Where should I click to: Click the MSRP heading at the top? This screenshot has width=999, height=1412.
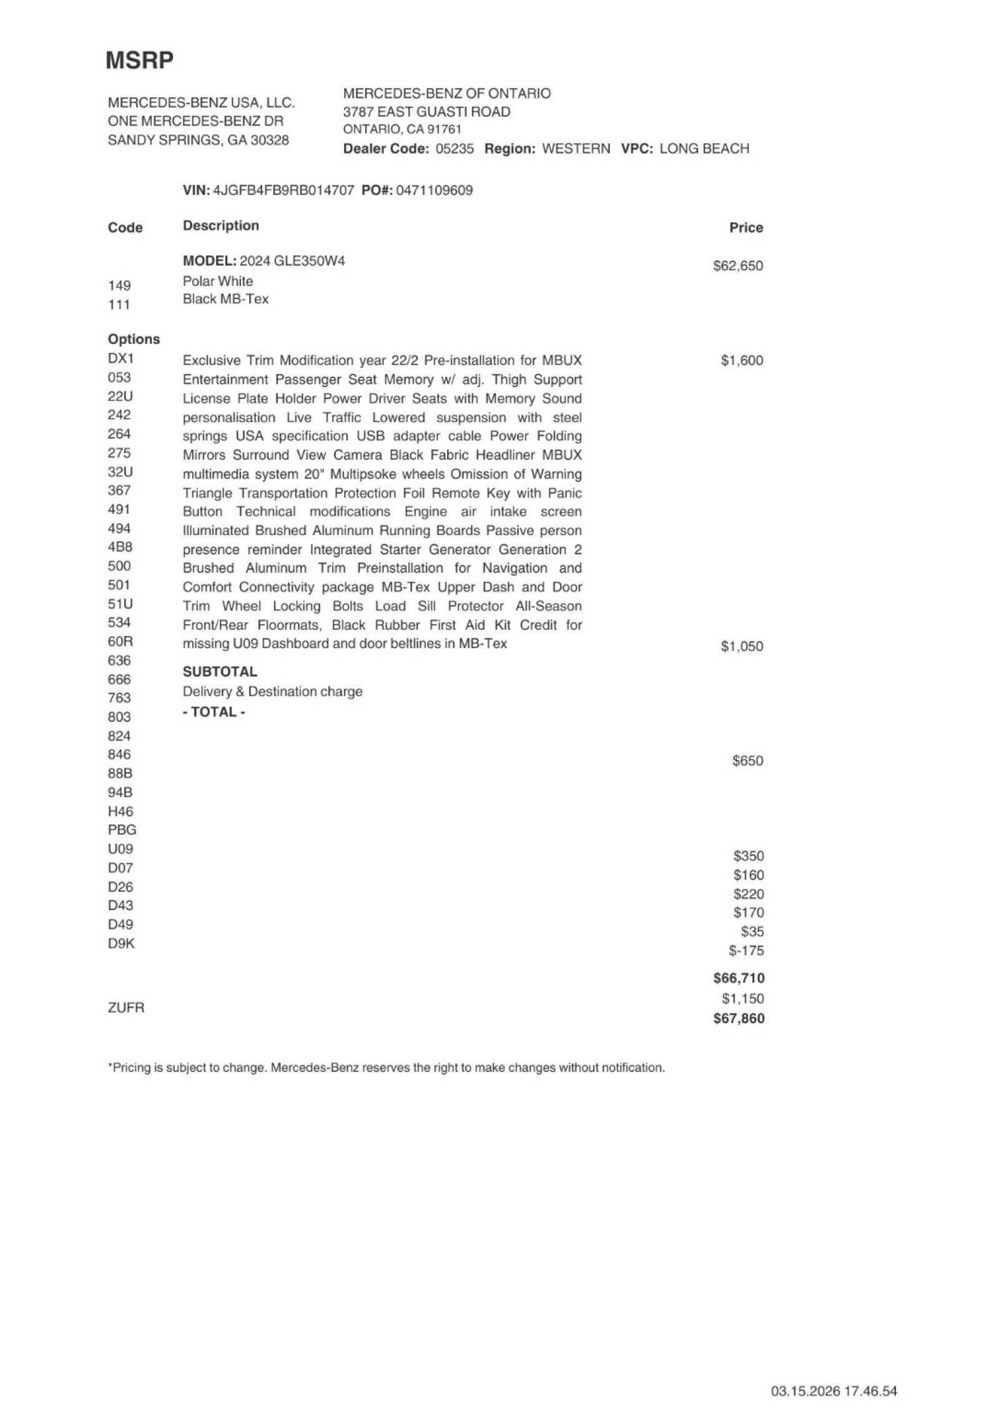[139, 61]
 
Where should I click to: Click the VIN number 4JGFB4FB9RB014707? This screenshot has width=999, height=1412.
[283, 190]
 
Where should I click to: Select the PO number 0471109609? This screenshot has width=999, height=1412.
[434, 190]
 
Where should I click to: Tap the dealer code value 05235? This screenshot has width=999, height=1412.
[455, 149]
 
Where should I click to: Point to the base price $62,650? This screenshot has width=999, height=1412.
[737, 266]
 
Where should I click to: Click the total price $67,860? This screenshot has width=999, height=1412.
[738, 1019]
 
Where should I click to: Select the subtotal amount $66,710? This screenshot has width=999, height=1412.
[738, 978]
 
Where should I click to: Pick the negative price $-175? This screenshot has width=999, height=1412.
[746, 951]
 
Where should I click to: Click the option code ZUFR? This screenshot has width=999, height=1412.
[126, 1008]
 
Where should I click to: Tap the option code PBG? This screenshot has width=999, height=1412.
[122, 830]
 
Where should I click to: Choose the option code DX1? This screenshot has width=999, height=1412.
[121, 359]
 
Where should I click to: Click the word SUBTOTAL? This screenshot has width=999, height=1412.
[220, 672]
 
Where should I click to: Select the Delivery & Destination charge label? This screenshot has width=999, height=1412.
[272, 692]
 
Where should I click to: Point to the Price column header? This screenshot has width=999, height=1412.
[746, 228]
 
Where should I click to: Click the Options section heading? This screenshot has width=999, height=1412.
[134, 340]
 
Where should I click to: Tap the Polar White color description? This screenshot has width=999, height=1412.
[217, 282]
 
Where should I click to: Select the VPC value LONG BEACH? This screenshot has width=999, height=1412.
[704, 149]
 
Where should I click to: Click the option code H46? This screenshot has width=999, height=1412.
[121, 811]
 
